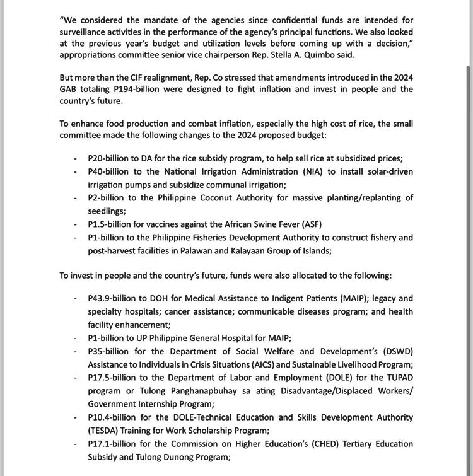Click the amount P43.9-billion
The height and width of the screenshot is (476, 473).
tap(115, 298)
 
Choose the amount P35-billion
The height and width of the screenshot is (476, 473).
tap(111, 351)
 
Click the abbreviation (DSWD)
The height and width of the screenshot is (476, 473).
tap(397, 351)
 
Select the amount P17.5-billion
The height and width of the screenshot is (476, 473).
tap(115, 378)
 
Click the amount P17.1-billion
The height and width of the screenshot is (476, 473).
tap(114, 444)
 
